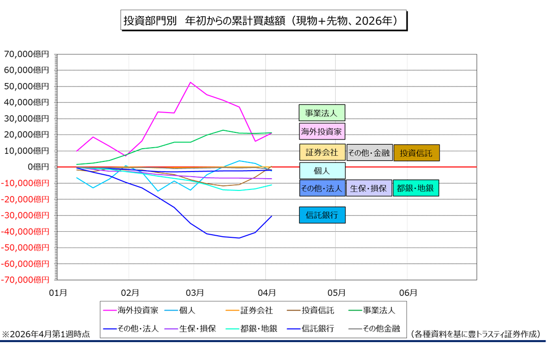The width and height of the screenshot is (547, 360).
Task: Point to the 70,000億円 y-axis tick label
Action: click(26, 54)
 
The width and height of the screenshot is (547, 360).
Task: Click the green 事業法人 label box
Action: click(321, 113)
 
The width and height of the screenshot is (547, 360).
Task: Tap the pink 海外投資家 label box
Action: click(321, 131)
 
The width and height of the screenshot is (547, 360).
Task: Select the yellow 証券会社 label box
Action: click(321, 152)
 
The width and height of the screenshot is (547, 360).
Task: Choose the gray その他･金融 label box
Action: click(369, 152)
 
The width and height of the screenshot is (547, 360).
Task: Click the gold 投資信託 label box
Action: click(416, 152)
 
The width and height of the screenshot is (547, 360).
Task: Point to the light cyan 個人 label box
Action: click(321, 171)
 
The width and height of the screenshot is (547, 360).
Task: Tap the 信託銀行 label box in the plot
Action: click(321, 215)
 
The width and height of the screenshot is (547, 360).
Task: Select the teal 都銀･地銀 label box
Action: click(416, 188)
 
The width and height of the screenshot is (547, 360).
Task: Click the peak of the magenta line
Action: click(190, 82)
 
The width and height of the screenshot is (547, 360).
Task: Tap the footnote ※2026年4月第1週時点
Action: click(46, 334)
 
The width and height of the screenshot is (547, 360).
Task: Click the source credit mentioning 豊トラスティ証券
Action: click(475, 334)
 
